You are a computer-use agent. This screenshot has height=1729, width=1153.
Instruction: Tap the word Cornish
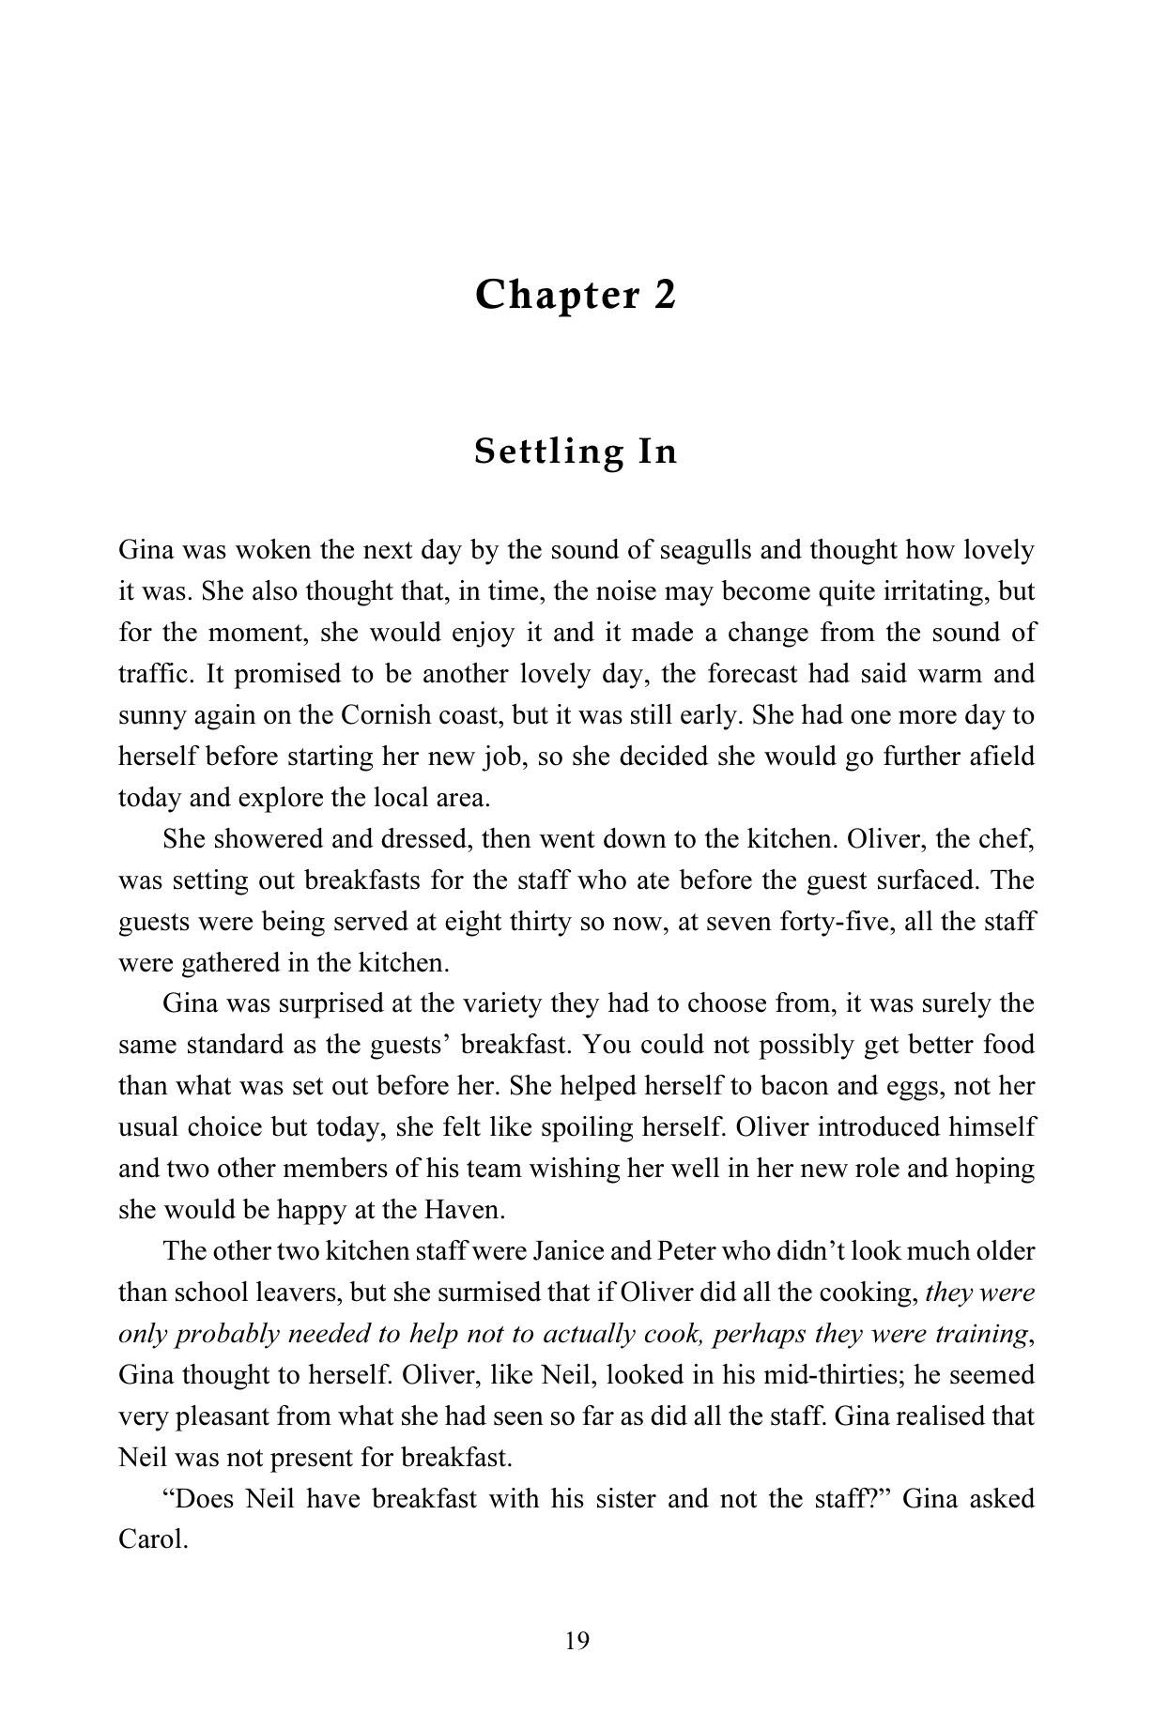[385, 715]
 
